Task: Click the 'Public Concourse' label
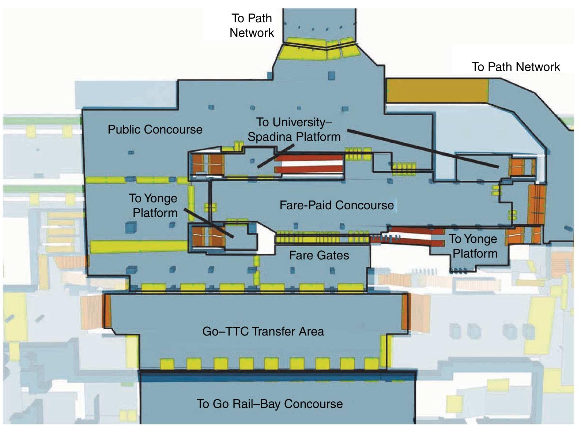point(155,130)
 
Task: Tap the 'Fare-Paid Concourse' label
point(336,205)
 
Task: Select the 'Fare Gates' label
point(319,255)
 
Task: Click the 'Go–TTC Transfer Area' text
point(263,332)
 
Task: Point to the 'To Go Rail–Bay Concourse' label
point(269,404)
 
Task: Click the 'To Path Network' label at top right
point(516,67)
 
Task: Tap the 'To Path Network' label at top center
point(252,26)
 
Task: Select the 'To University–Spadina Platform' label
point(294,130)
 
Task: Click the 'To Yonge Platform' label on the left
point(154,206)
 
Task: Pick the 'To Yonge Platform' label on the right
point(474,246)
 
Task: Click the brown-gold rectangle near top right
point(437,91)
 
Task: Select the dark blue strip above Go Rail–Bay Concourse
point(278,376)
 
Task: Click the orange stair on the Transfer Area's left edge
point(107,311)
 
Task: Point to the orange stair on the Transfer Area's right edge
point(404,312)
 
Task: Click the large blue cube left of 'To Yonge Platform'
point(130,227)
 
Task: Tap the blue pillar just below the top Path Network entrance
point(331,75)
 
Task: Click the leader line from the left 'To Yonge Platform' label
point(208,223)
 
